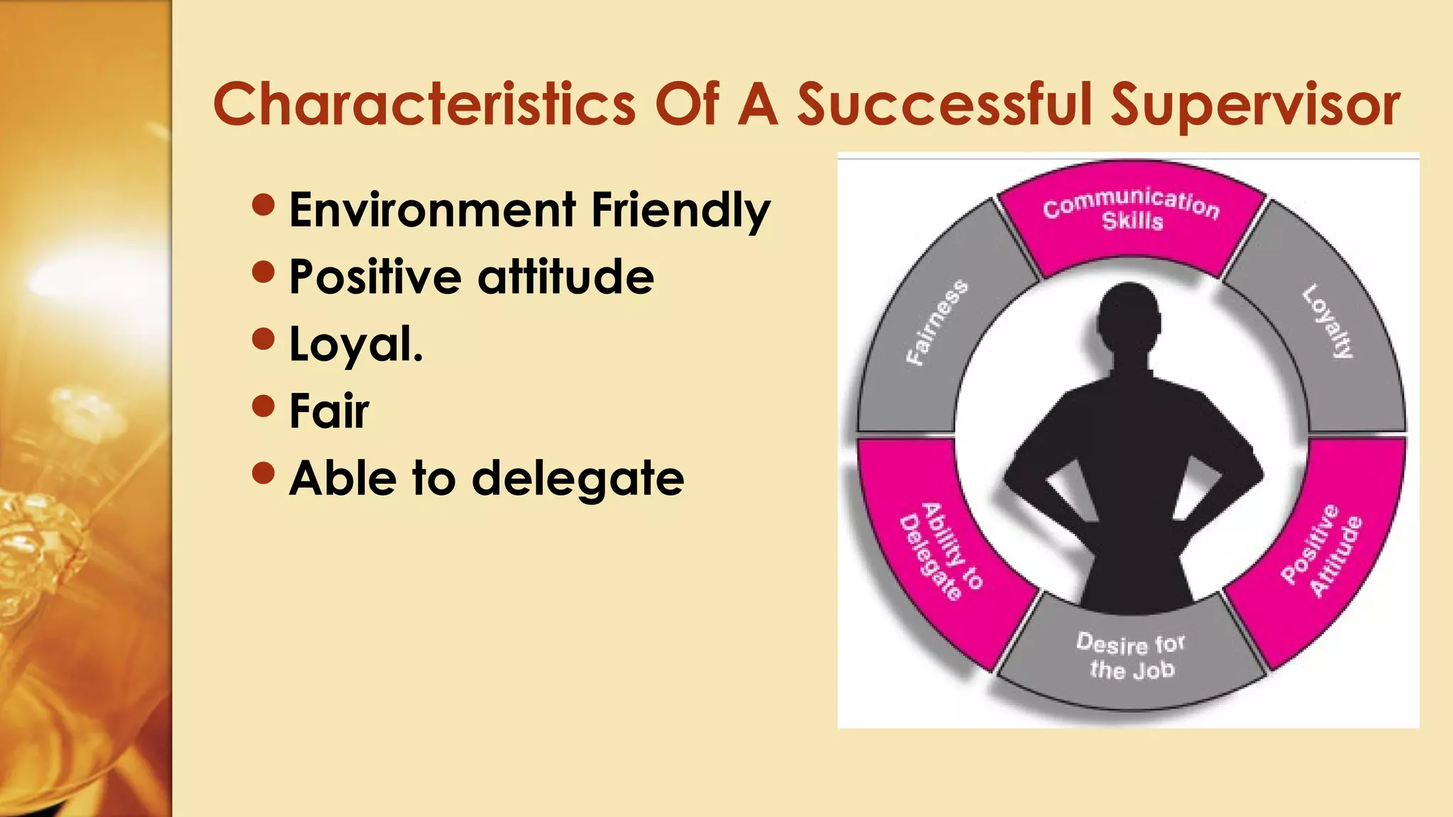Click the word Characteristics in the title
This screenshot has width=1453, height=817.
[x=424, y=104]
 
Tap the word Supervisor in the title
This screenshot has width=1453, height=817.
[x=1254, y=106]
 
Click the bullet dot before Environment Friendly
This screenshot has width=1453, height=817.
[x=263, y=206]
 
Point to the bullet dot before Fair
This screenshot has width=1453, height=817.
[x=263, y=406]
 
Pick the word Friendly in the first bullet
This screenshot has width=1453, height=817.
[x=680, y=211]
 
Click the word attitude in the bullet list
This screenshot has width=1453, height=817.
[x=565, y=276]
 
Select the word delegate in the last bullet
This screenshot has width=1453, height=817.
[x=578, y=479]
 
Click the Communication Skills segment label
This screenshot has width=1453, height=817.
[x=1132, y=211]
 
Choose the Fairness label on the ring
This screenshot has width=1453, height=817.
[x=937, y=323]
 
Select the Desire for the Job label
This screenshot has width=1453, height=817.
[x=1132, y=656]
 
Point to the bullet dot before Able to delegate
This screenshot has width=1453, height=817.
[x=263, y=473]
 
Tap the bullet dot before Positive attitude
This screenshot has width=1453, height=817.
[x=263, y=272]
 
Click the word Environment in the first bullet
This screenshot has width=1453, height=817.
[x=432, y=210]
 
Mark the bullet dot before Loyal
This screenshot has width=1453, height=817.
[x=263, y=339]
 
